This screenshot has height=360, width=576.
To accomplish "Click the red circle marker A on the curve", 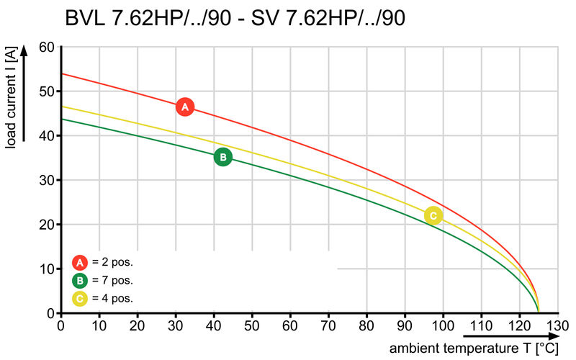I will tap(185, 107).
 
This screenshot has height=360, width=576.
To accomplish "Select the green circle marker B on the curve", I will tap(223, 157).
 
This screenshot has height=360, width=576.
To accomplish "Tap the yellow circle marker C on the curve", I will tap(433, 215).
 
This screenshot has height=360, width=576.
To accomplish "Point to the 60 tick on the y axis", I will tap(47, 48).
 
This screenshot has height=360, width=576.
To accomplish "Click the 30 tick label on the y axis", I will tap(47, 180).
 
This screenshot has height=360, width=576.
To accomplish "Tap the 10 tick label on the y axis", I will tap(47, 269).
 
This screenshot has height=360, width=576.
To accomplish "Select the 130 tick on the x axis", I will tap(557, 325).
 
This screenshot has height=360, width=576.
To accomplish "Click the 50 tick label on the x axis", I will tap(252, 325).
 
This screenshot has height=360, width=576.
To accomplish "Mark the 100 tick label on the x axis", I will tap(443, 325).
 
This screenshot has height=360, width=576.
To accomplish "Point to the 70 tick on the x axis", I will tap(328, 325).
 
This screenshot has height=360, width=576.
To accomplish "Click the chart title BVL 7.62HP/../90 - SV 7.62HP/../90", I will tap(235, 18).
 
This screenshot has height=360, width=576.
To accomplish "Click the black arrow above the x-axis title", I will tap(503, 336).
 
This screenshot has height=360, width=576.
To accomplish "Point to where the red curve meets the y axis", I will tap(62, 74).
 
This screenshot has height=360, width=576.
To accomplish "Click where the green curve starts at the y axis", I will tap(62, 120).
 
